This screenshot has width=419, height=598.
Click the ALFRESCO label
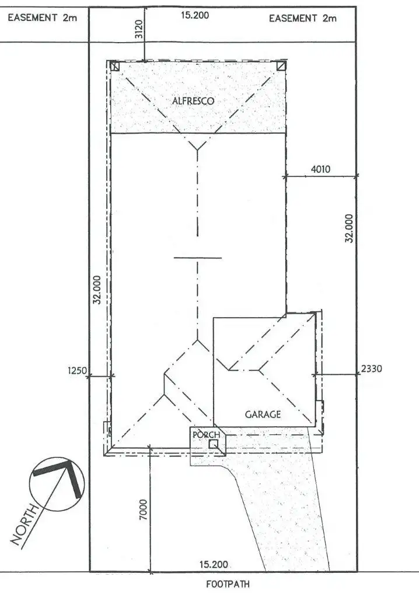click(x=193, y=101)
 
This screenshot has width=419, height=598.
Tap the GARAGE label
click(x=263, y=415)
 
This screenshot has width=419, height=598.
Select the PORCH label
click(x=207, y=434)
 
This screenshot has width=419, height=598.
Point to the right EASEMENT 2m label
click(x=303, y=19)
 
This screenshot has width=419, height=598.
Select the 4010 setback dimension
click(x=320, y=170)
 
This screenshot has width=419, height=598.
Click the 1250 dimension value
click(x=77, y=370)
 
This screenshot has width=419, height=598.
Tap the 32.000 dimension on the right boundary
click(x=349, y=228)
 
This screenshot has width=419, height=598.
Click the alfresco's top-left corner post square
click(x=114, y=66)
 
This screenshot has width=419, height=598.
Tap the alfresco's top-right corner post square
click(x=282, y=66)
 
